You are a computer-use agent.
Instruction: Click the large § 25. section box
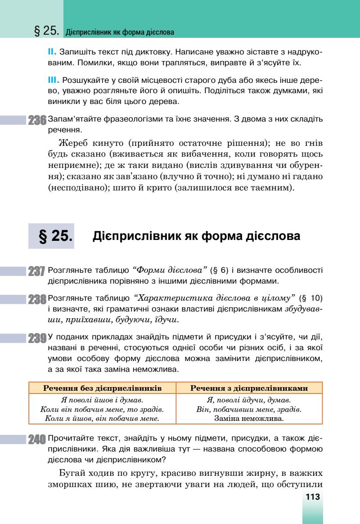click(51, 236)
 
